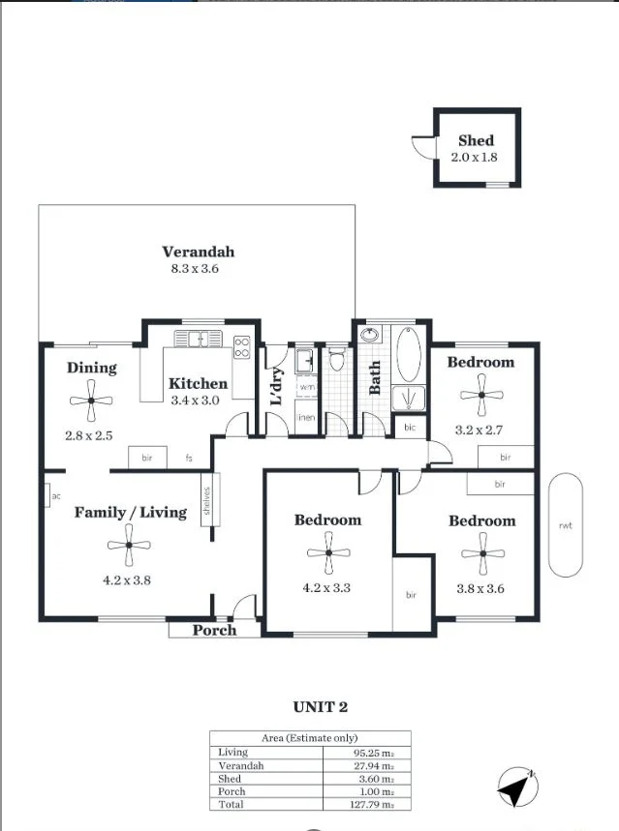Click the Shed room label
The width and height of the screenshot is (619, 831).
[x=476, y=140]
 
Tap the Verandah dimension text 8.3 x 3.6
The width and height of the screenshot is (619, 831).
[x=195, y=269]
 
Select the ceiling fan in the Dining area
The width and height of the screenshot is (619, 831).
[x=91, y=401]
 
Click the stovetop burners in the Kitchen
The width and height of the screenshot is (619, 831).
[x=242, y=347]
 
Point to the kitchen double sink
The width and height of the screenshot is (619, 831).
[x=198, y=339]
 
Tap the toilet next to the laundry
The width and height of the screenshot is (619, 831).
[x=336, y=359]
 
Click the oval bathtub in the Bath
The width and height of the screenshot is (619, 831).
[x=409, y=354]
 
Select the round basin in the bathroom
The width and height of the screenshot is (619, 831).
[x=369, y=335]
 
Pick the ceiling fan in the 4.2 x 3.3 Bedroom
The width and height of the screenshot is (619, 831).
[x=328, y=552]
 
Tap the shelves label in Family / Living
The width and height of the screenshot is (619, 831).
[x=206, y=500]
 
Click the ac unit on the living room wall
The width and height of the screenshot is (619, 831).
[x=48, y=496]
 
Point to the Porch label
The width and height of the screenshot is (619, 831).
[x=214, y=630]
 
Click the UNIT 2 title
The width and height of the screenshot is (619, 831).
[x=320, y=707]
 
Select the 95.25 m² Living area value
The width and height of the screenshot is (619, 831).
[x=374, y=753]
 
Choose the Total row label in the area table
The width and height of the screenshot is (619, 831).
[x=231, y=804]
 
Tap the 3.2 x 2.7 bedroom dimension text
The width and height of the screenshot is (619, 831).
[x=479, y=430]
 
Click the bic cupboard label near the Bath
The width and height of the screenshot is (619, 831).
[x=410, y=428]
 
